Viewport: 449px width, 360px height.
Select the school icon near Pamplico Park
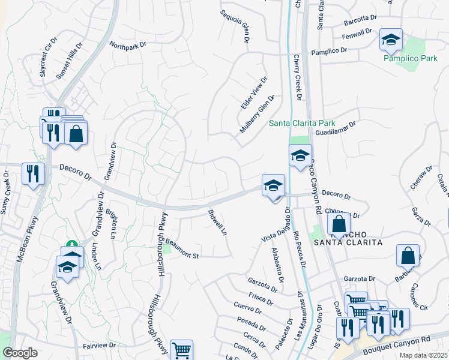[391, 41]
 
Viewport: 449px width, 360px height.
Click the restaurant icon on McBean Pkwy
[33, 174]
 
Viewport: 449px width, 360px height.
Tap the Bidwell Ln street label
[218, 222]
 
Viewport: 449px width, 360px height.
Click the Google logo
[20, 353]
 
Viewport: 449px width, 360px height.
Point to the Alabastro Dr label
[277, 265]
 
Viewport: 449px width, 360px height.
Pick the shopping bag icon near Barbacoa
[408, 255]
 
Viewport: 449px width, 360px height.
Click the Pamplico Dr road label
[330, 53]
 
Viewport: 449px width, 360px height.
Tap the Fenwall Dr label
[358, 35]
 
